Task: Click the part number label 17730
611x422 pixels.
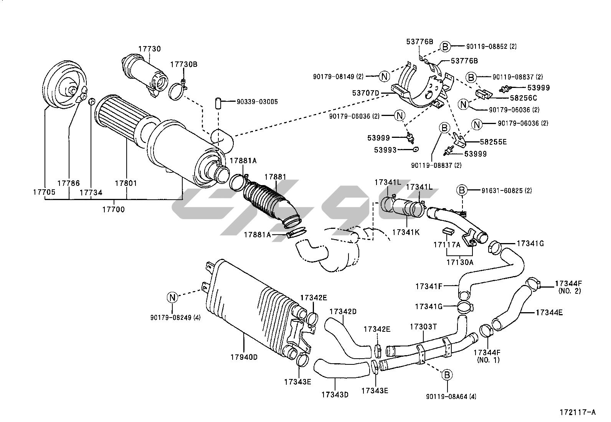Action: (x=149, y=49)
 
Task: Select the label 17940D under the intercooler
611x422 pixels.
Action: (x=244, y=357)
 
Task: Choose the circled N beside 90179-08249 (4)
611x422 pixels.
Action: (x=172, y=297)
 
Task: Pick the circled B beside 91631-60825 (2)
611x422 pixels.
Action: (x=462, y=190)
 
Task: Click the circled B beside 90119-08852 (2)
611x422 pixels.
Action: (x=445, y=46)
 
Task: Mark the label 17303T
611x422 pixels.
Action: (x=423, y=327)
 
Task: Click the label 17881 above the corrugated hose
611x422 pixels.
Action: (x=275, y=177)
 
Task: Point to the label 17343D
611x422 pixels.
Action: (x=335, y=394)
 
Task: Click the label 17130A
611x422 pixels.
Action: (x=460, y=262)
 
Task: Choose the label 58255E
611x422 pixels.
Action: (x=493, y=142)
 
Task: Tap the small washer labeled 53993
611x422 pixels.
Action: (x=415, y=149)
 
